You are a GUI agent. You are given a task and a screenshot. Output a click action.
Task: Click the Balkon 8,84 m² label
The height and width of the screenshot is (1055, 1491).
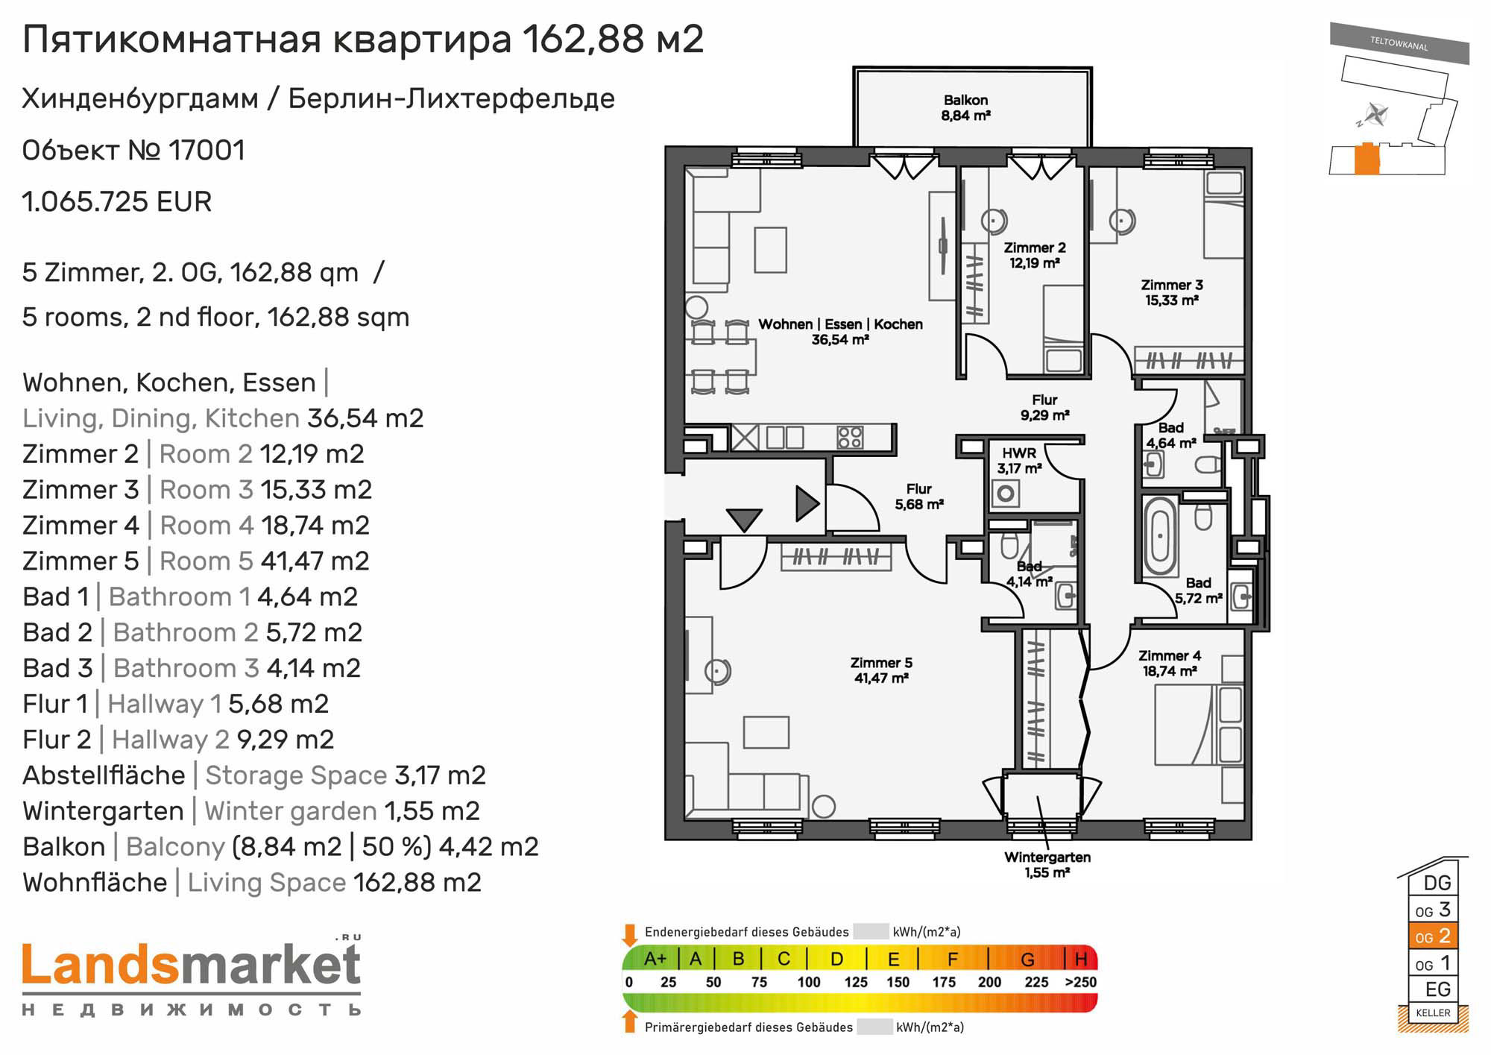click(x=965, y=107)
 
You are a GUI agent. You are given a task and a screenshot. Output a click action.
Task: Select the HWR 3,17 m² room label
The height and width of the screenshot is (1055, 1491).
click(x=1019, y=461)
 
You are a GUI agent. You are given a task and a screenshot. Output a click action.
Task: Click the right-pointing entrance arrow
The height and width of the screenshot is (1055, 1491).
click(x=807, y=503)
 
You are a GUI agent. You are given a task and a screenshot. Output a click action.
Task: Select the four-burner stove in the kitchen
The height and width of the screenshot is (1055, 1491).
click(x=850, y=437)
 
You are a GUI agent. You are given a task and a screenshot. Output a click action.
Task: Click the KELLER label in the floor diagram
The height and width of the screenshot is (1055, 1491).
click(x=1433, y=1013)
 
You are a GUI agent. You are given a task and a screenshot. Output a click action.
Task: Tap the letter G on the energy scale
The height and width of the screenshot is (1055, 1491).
click(x=1027, y=959)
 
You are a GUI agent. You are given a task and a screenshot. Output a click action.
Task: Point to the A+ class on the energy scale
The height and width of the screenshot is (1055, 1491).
click(x=655, y=959)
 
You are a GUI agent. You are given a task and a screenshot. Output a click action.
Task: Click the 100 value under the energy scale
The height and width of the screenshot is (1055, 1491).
click(x=809, y=982)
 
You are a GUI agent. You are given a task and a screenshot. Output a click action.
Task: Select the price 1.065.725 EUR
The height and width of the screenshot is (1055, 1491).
click(x=117, y=202)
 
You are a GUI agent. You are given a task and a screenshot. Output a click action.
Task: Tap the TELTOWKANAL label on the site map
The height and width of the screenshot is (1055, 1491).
click(x=1399, y=43)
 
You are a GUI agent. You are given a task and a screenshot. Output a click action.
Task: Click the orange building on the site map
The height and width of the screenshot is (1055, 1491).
click(x=1367, y=158)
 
